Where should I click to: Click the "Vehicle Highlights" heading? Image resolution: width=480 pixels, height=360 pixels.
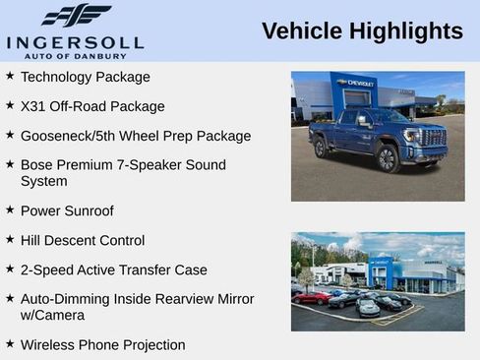click(362, 31)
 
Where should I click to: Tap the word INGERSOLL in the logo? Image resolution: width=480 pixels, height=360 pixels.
click(75, 41)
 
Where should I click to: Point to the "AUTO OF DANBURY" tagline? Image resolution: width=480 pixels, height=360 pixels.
click(75, 55)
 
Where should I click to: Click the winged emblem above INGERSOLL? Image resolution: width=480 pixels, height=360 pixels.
click(76, 15)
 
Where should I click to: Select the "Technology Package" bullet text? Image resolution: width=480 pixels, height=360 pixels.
click(86, 77)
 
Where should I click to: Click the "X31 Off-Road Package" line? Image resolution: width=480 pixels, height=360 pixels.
click(92, 106)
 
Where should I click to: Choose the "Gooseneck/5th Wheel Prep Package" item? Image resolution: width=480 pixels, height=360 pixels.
click(136, 136)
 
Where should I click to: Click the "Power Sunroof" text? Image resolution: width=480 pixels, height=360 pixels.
click(67, 210)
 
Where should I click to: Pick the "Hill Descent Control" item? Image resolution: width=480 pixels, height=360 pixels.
click(83, 240)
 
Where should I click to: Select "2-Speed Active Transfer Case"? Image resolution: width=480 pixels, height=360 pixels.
click(114, 270)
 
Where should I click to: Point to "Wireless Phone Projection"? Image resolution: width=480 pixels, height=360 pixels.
click(103, 345)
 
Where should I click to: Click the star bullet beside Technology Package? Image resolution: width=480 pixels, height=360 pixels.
click(9, 76)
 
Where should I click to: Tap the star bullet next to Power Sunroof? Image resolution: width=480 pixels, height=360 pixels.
click(9, 210)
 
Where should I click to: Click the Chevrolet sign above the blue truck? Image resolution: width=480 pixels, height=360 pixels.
click(355, 83)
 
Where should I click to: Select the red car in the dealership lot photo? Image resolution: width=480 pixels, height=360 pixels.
click(312, 297)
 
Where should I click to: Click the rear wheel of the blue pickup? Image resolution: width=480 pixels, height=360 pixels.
click(321, 149)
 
